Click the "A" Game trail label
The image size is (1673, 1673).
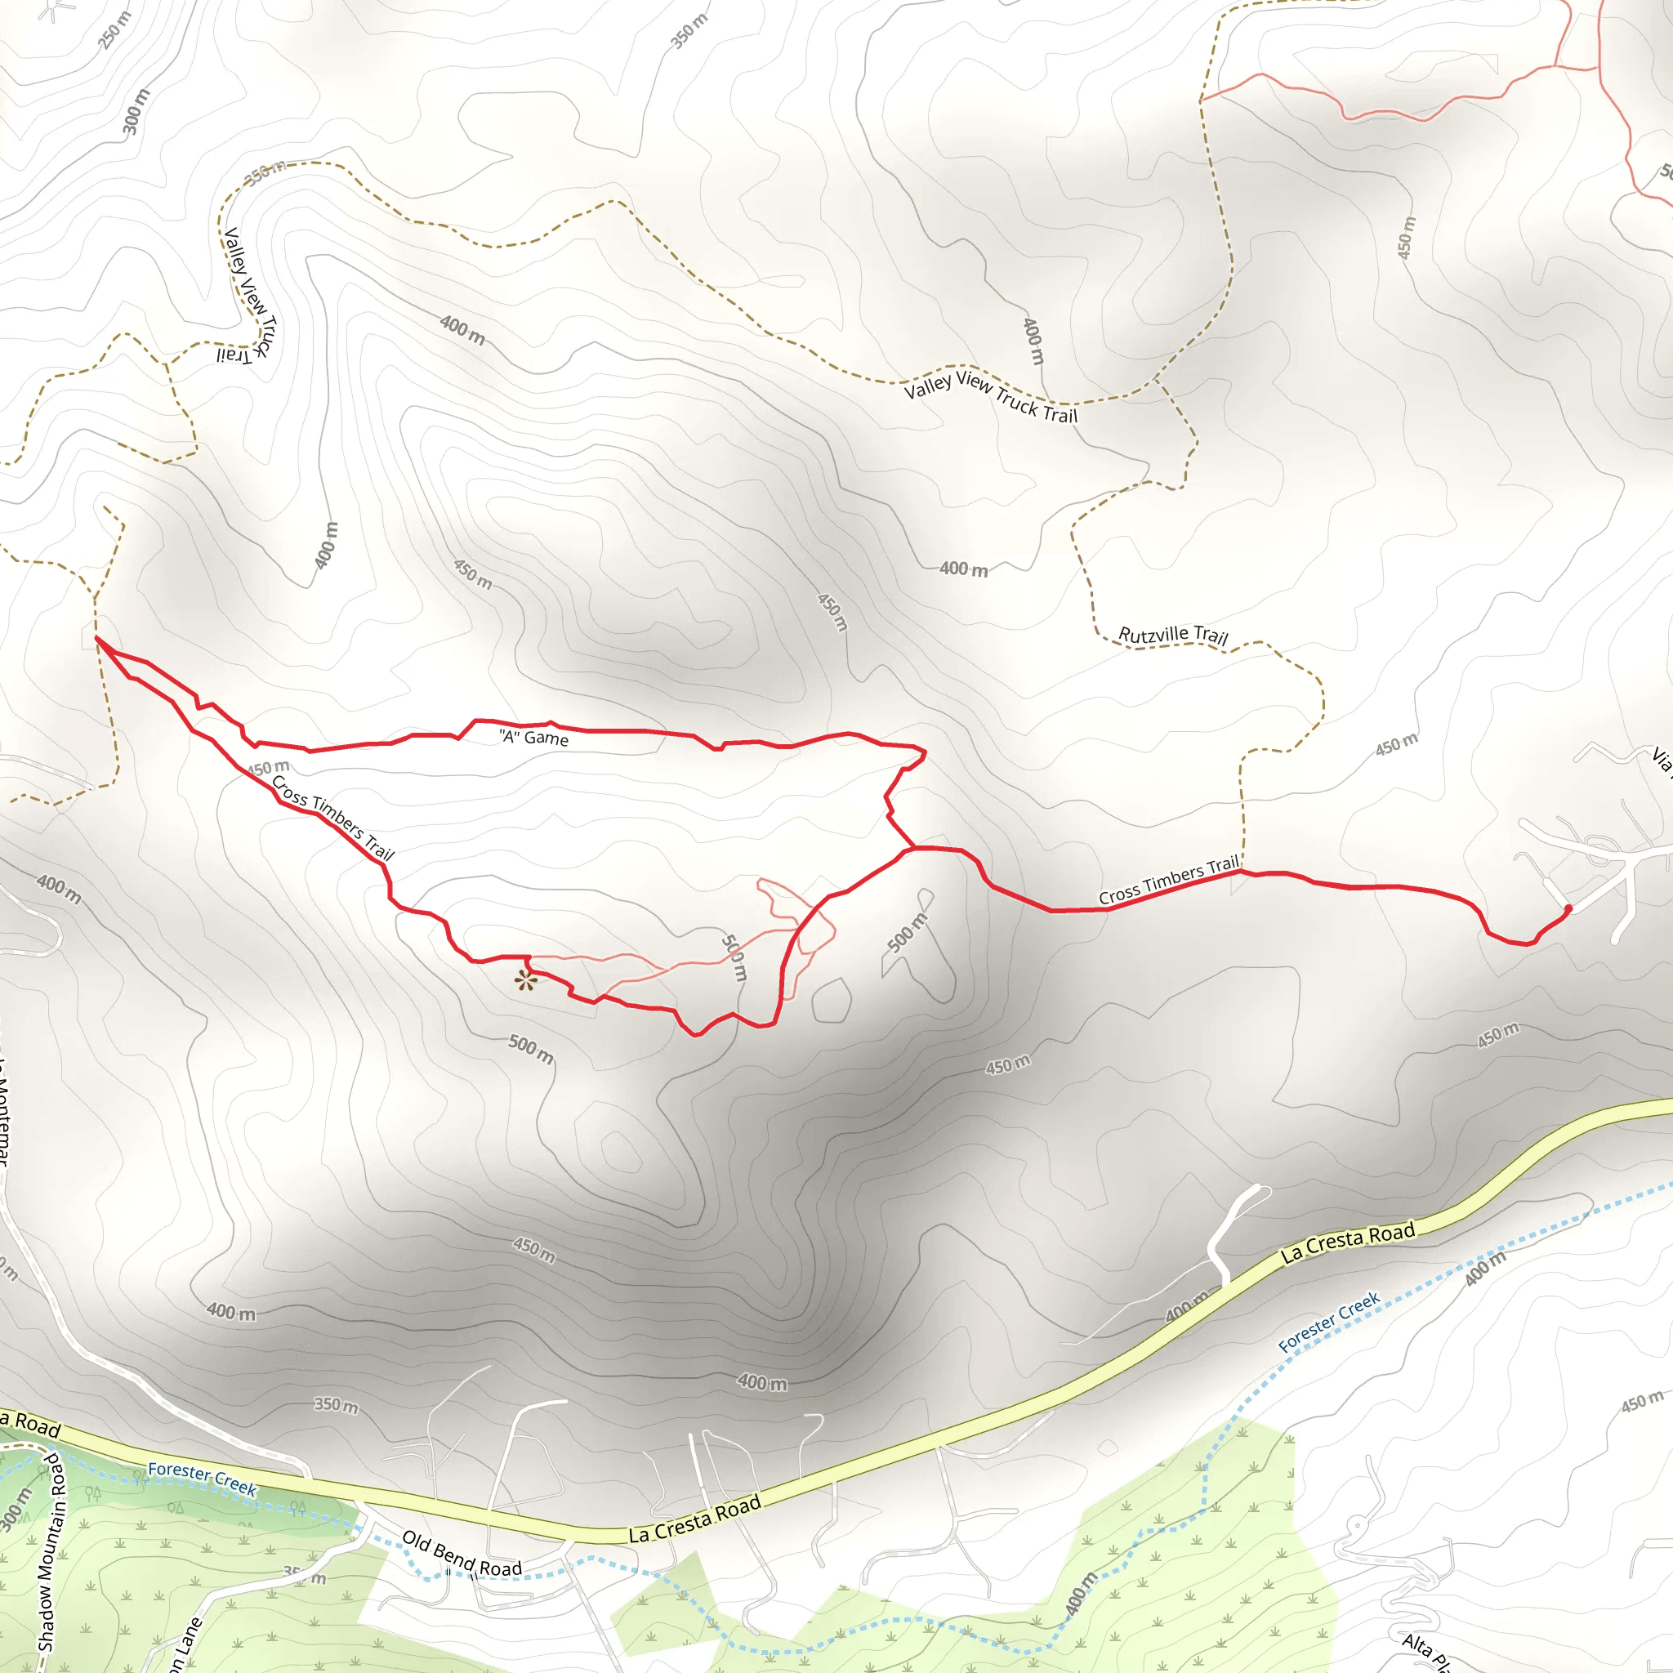click(x=533, y=737)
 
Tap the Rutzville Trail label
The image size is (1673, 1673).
click(x=1172, y=635)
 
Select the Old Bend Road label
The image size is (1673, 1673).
click(x=462, y=1554)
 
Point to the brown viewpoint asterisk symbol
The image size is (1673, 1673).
click(x=524, y=980)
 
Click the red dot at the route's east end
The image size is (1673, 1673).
click(x=1568, y=908)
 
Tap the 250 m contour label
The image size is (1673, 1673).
click(x=114, y=30)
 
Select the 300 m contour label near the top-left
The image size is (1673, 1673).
click(x=136, y=112)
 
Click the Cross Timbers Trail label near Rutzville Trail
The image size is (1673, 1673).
click(x=1168, y=880)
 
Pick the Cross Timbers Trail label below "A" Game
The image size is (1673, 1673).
click(x=332, y=818)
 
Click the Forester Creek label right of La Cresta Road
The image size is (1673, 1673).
click(x=1328, y=1323)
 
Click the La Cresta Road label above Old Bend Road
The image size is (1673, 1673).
click(x=694, y=1519)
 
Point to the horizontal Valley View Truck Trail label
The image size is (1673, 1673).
click(x=991, y=395)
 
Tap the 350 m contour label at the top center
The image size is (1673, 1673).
click(x=689, y=31)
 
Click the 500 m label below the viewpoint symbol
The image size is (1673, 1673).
click(x=531, y=1049)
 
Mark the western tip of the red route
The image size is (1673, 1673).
click(x=96, y=638)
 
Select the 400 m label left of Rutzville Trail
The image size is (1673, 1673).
click(x=964, y=569)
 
